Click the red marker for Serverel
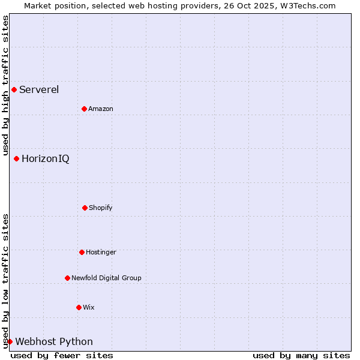[x=14, y=90]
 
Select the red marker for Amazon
[x=84, y=109]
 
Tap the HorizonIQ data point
[x=16, y=158]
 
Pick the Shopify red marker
[x=85, y=208]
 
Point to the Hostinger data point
[x=82, y=252]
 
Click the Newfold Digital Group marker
[x=67, y=278]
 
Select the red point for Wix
[x=79, y=307]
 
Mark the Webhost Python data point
[x=10, y=341]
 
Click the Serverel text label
[x=39, y=90]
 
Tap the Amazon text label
[x=101, y=109]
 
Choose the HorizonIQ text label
[x=45, y=158]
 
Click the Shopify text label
[x=101, y=208]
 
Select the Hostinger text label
[x=101, y=252]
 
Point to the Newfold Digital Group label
[x=106, y=278]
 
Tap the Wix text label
[x=89, y=307]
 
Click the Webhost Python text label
[x=54, y=341]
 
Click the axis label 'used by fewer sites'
[x=62, y=355]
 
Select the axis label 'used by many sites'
[x=301, y=355]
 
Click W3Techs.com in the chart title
[x=305, y=5]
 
